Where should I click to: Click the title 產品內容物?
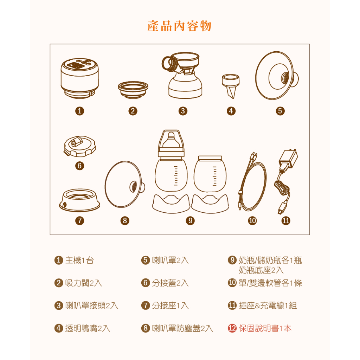pyautogui.click(x=179, y=26)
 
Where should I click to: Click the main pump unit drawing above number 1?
pyautogui.click(x=80, y=78)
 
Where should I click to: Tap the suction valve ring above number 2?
pyautogui.click(x=133, y=90)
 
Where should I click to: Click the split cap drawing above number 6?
pyautogui.click(x=80, y=147)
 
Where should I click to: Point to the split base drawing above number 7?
pyautogui.click(x=80, y=200)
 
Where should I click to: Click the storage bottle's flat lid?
pyautogui.click(x=210, y=158)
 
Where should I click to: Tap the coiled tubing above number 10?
pyautogui.click(x=252, y=181)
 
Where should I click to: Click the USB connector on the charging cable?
pyautogui.click(x=282, y=208)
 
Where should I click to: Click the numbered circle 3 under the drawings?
pyautogui.click(x=183, y=111)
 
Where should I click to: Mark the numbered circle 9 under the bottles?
pyautogui.click(x=190, y=221)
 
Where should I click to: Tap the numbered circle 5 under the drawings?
pyautogui.click(x=280, y=111)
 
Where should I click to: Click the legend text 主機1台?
pyautogui.click(x=79, y=261)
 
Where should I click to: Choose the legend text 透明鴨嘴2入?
pyautogui.click(x=88, y=328)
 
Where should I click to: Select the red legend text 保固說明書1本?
pyautogui.click(x=265, y=328)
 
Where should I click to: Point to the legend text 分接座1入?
pyautogui.click(x=170, y=306)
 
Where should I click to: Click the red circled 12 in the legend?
pyautogui.click(x=232, y=328)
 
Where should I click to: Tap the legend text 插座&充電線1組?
pyautogui.click(x=268, y=306)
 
